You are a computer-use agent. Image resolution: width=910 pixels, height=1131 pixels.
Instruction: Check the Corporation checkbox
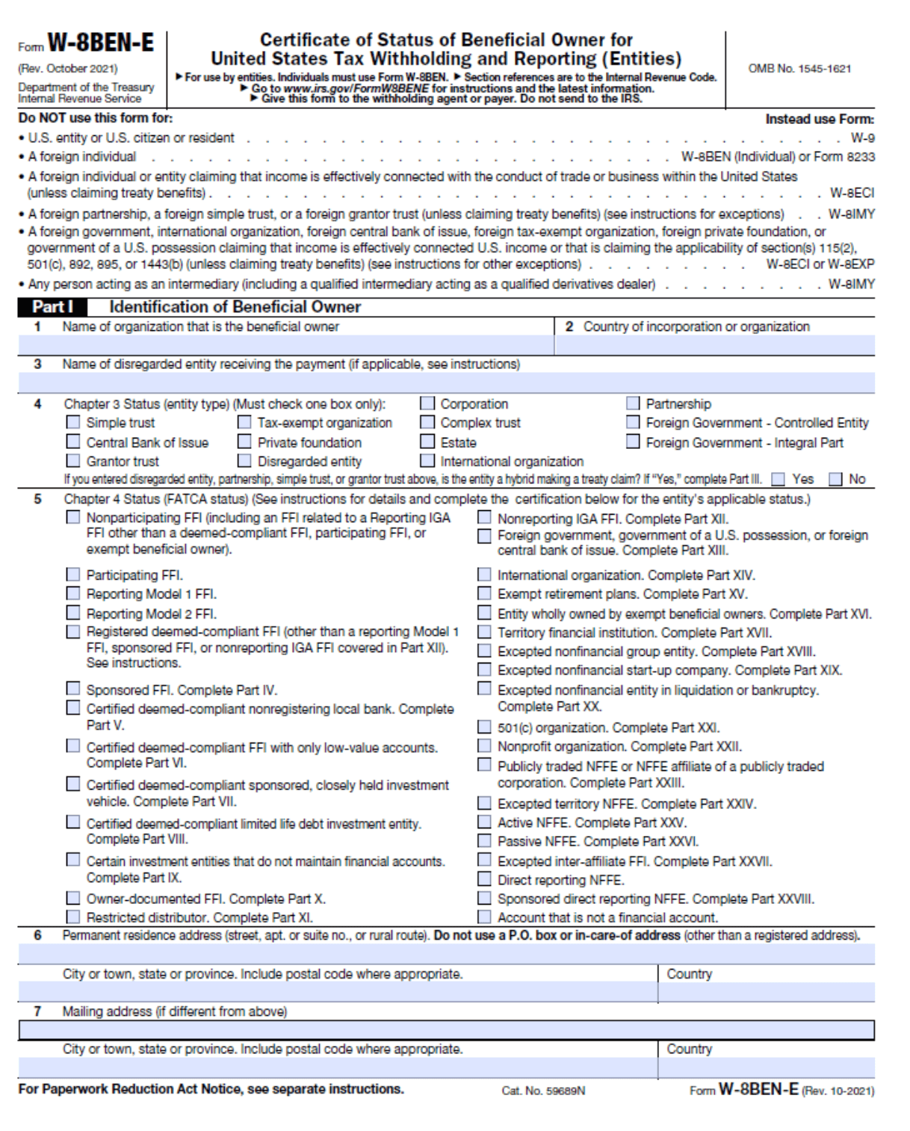(x=427, y=403)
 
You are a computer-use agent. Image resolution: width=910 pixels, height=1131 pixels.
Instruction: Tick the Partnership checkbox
(x=633, y=403)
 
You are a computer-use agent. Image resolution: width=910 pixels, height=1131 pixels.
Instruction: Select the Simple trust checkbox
(x=72, y=423)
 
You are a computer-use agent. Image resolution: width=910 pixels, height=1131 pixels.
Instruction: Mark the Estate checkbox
(x=427, y=442)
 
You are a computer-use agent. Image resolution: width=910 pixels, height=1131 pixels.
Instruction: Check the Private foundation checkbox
(x=244, y=442)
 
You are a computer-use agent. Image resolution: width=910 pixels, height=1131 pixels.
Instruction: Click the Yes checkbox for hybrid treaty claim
(x=779, y=480)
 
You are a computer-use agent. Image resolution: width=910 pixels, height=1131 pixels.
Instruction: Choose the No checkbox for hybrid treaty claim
(x=835, y=480)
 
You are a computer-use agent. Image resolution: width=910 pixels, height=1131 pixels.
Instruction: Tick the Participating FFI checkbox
(x=72, y=574)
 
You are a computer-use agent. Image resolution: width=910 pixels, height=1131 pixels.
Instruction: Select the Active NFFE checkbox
(x=485, y=822)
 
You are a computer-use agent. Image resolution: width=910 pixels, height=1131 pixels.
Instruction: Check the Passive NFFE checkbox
(x=485, y=841)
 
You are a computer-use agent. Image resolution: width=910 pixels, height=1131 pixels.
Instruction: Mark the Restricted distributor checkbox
(x=72, y=917)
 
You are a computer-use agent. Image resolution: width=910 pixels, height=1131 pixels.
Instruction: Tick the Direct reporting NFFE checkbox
(x=485, y=879)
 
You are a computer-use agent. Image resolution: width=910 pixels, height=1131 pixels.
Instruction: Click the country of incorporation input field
(x=714, y=345)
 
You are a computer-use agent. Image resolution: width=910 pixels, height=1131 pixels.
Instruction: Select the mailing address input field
(x=446, y=1031)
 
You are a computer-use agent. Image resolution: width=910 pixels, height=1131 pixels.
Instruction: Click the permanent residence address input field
(x=446, y=955)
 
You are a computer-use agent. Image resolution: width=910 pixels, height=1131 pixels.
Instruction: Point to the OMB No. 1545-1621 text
(x=799, y=69)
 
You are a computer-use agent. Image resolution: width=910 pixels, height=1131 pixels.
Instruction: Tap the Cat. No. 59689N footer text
(x=543, y=1091)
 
